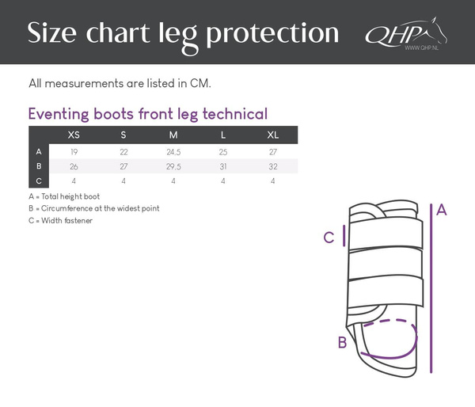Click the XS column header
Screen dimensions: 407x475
click(74, 135)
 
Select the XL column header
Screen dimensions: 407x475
click(272, 135)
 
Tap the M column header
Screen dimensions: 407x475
click(173, 135)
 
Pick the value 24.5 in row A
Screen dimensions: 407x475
click(173, 150)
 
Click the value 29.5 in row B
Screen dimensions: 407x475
click(173, 165)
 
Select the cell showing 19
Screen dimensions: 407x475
click(74, 150)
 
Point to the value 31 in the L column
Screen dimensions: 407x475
click(223, 165)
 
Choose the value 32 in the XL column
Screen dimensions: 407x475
click(272, 165)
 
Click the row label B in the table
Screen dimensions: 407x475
click(39, 165)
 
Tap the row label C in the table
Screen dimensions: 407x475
click(39, 181)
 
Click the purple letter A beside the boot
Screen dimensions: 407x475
click(442, 210)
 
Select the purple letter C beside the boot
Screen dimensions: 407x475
click(329, 237)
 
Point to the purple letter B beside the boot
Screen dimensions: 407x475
click(342, 343)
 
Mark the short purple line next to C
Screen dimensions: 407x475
click(343, 236)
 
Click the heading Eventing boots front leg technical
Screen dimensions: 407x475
click(147, 113)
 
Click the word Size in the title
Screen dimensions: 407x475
click(55, 32)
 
